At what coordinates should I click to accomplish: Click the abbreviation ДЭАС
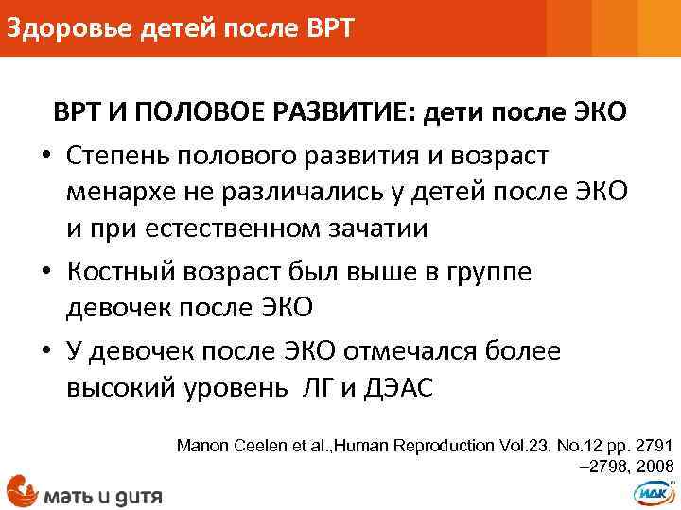(398, 389)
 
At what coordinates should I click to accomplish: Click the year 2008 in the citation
(655, 466)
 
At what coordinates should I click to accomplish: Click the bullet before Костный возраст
(44, 273)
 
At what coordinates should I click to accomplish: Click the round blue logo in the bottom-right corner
(652, 490)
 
